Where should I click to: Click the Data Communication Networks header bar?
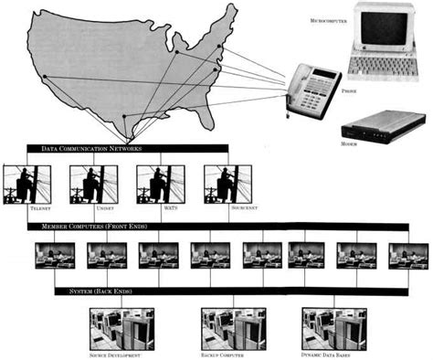(127, 148)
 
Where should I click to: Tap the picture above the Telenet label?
(25, 185)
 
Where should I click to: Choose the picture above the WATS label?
(160, 185)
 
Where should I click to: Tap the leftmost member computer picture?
(53, 255)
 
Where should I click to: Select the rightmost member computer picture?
(407, 255)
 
